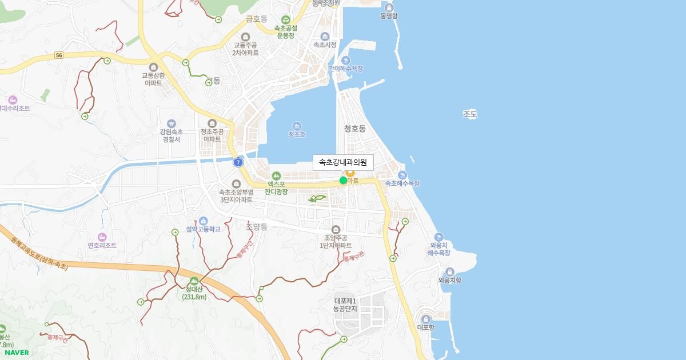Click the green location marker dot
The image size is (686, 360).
tap(343, 181)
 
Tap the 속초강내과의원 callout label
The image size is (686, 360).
tap(343, 162)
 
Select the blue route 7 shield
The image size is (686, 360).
tap(238, 162)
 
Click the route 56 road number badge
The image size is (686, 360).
tap(59, 55)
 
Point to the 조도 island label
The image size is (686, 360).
tap(470, 114)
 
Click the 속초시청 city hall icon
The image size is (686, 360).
tap(325, 37)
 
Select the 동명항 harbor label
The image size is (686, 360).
tap(389, 16)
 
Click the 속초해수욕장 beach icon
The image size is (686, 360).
tap(402, 175)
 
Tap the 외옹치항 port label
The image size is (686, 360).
tap(449, 280)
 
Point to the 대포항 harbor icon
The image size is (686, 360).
tap(426, 319)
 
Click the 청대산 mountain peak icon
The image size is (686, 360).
tap(194, 281)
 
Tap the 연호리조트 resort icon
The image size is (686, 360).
tap(102, 237)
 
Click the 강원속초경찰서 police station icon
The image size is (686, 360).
tap(171, 123)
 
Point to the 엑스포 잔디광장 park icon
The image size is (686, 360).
tap(276, 175)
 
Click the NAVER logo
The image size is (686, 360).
tap(17, 353)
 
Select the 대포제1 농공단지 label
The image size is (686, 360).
tap(345, 305)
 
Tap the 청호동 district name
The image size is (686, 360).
tap(354, 129)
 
